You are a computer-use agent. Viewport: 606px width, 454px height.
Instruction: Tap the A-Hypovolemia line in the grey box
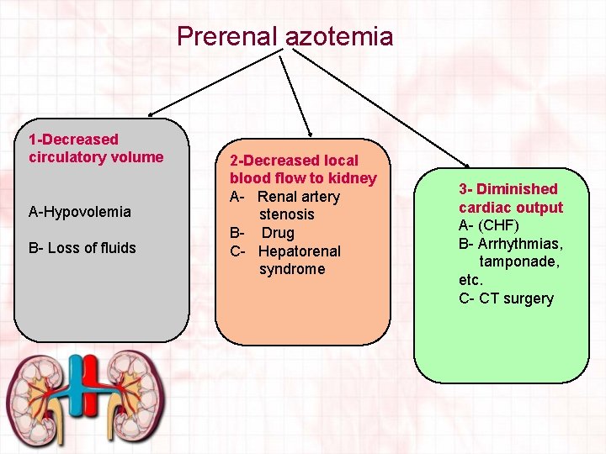click(80, 212)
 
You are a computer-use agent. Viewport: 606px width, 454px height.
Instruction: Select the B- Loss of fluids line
click(82, 248)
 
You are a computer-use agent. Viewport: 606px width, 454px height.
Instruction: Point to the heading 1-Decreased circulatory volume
click(96, 148)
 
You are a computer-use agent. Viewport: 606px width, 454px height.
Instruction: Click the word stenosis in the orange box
click(286, 214)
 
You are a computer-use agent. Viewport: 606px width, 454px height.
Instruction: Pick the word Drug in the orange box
click(278, 233)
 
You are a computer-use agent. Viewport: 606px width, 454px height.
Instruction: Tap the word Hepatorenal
click(300, 251)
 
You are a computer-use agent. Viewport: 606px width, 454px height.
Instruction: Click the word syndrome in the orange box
click(291, 269)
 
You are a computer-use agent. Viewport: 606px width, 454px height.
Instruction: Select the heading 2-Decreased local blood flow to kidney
click(303, 169)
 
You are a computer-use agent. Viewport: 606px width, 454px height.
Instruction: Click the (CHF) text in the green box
click(500, 225)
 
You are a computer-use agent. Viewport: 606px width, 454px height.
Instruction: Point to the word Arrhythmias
click(521, 244)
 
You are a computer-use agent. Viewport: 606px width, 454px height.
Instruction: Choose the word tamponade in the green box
click(519, 261)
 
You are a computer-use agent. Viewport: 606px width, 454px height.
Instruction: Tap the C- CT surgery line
click(506, 298)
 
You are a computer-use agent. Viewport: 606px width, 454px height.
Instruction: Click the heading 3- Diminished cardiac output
click(510, 198)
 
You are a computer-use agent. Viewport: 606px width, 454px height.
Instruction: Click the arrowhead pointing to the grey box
click(151, 113)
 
